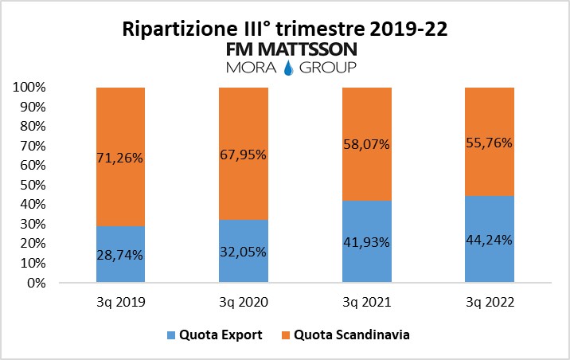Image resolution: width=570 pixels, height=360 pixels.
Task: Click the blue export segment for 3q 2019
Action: [x=120, y=271]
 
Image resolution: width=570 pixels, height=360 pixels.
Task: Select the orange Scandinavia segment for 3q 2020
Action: [x=243, y=119]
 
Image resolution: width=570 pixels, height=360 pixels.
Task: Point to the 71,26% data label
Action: [x=120, y=158]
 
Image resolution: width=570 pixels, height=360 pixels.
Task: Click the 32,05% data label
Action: [x=243, y=252]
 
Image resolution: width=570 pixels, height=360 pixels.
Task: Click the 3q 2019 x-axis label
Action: [x=120, y=303]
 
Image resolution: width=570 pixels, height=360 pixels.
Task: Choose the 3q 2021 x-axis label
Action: [x=365, y=303]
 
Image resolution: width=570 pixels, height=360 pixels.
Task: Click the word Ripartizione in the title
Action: [x=178, y=30]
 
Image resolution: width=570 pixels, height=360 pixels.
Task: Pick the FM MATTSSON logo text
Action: [x=292, y=49]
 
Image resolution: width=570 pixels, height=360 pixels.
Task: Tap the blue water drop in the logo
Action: [x=287, y=69]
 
